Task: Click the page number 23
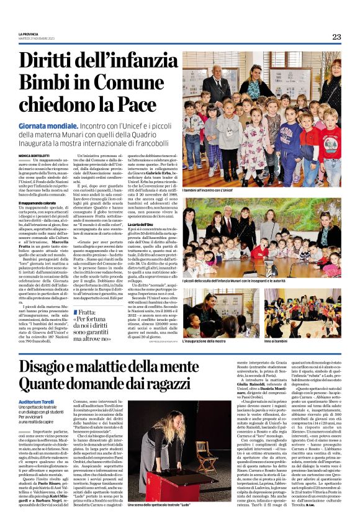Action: tap(336, 37)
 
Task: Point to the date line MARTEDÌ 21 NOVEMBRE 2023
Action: tap(36, 38)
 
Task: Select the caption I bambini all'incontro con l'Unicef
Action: tap(214, 192)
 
